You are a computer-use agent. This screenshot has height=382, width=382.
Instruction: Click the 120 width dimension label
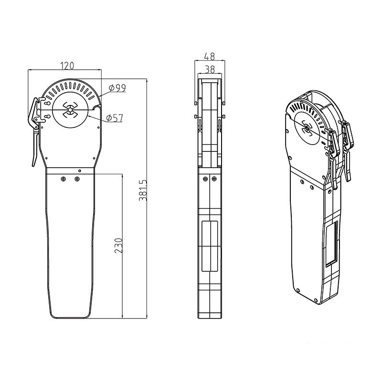tap(67, 66)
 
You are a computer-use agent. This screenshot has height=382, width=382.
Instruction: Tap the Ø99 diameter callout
tap(117, 88)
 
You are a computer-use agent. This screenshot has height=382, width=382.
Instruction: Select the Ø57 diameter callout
tap(115, 118)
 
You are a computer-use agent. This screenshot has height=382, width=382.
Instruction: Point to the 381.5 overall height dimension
tap(143, 190)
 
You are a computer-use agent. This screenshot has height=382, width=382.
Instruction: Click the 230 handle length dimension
tap(118, 245)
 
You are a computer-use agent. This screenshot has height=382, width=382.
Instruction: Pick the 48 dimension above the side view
tap(210, 56)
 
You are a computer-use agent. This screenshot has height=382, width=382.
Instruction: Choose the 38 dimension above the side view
tap(210, 69)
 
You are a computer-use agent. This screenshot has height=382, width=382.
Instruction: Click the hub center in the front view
tap(70, 110)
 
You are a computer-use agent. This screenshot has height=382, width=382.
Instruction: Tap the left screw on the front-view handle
tap(64, 180)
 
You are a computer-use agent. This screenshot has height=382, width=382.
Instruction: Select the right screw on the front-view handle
tap(77, 180)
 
